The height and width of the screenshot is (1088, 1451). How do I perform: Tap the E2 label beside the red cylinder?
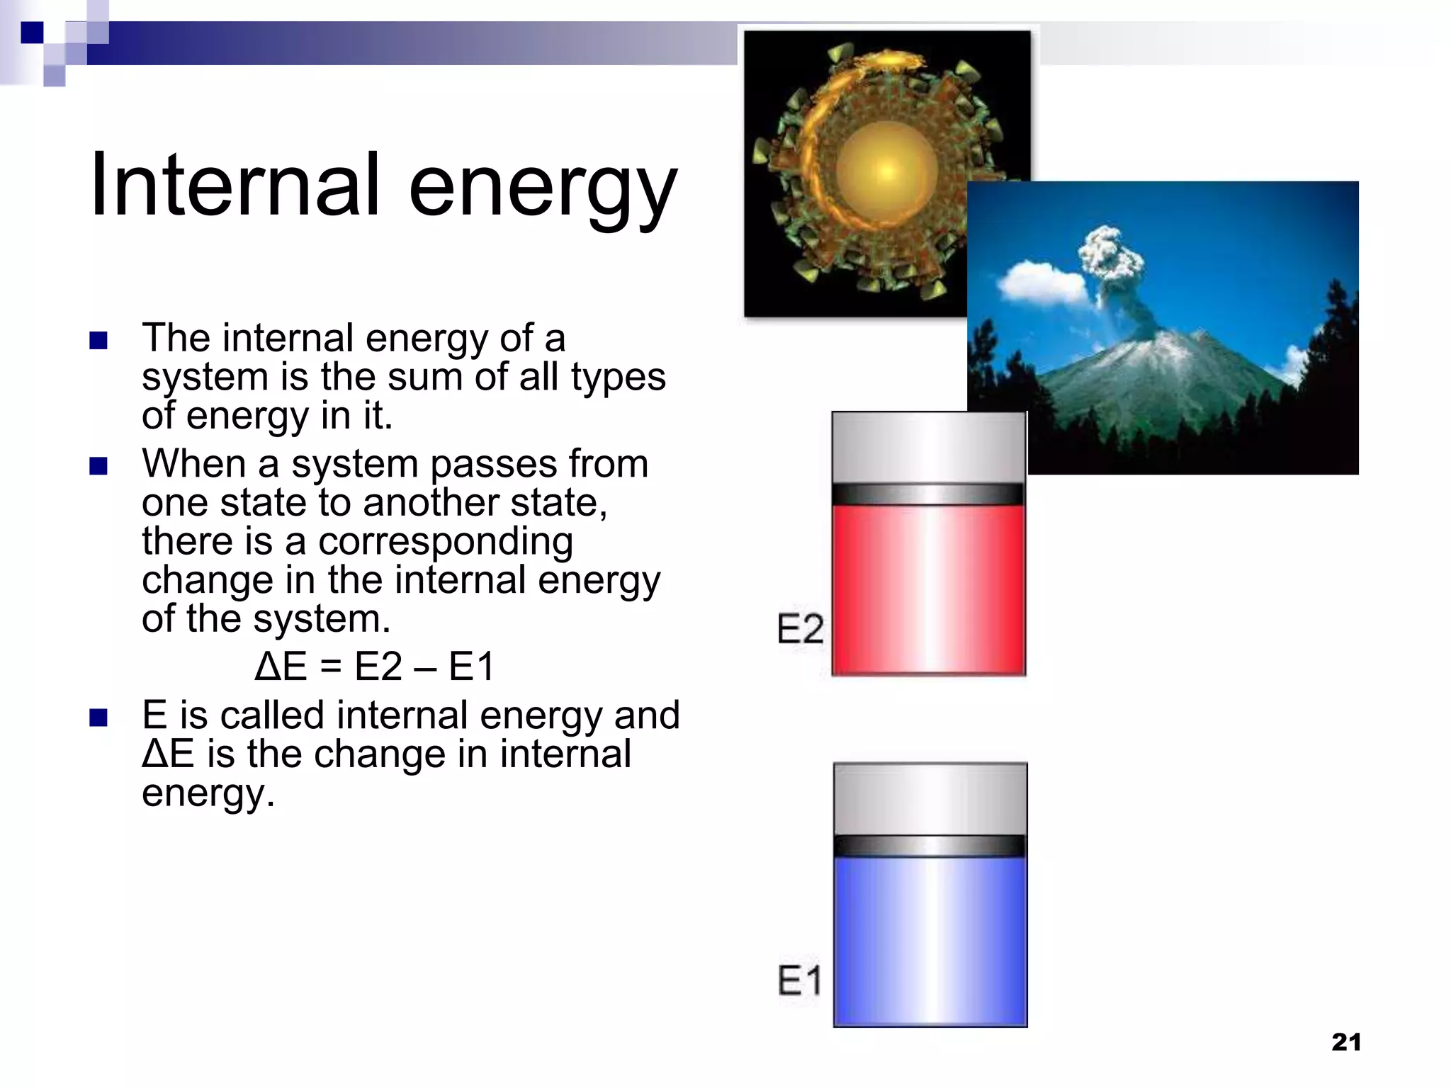click(800, 628)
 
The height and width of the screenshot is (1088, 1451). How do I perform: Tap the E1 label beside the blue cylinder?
click(800, 980)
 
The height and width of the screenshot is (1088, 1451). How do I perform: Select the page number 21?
click(1346, 1042)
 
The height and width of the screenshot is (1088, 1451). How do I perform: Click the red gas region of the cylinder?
click(928, 588)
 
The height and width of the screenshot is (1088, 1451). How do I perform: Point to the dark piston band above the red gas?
click(928, 494)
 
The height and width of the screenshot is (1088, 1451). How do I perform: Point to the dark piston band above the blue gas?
click(930, 846)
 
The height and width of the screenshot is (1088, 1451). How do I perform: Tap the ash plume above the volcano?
click(1111, 255)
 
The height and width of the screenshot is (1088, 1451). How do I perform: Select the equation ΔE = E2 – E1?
click(374, 667)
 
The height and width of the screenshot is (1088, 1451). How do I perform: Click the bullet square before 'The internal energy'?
click(98, 341)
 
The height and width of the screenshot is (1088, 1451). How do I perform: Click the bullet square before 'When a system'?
click(98, 466)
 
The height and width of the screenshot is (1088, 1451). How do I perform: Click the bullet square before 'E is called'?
click(98, 718)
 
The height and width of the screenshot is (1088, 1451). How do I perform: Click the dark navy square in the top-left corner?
click(32, 33)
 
